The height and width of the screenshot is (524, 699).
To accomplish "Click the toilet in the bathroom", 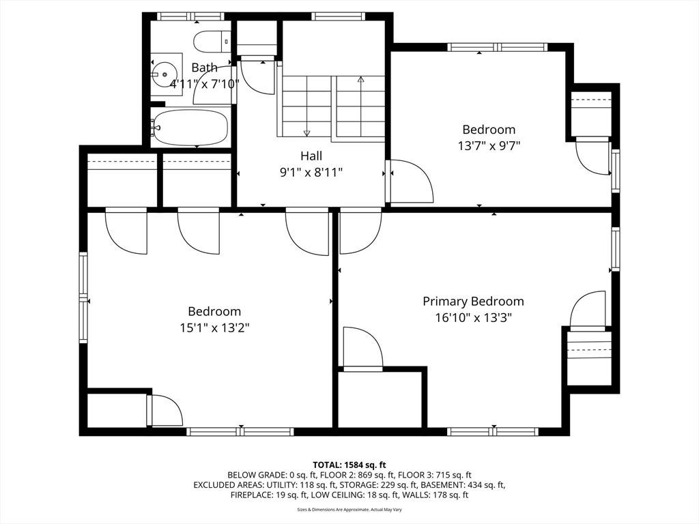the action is tap(212, 42).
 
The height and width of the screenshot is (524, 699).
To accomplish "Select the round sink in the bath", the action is tap(164, 74).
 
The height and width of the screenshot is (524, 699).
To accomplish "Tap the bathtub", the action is tap(190, 127).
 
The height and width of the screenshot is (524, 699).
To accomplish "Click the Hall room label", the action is tap(311, 156).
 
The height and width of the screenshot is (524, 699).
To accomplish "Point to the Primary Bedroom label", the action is tap(473, 302).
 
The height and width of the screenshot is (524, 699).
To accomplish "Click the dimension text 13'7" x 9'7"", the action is tap(489, 146).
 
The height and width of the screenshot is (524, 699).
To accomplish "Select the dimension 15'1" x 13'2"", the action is tap(214, 328).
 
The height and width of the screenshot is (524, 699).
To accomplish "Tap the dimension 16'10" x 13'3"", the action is tap(473, 318).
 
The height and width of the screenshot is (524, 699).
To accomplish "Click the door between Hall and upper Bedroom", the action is tap(410, 181).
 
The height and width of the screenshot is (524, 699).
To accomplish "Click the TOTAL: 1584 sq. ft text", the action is tap(349, 465).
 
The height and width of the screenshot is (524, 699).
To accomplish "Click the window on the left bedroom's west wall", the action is tap(83, 297).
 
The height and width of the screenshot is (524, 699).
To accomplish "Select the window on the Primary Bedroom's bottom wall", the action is tap(493, 431).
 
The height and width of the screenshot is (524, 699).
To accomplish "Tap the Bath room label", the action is tap(205, 68).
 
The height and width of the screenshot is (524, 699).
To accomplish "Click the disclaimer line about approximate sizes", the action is tap(349, 509).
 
